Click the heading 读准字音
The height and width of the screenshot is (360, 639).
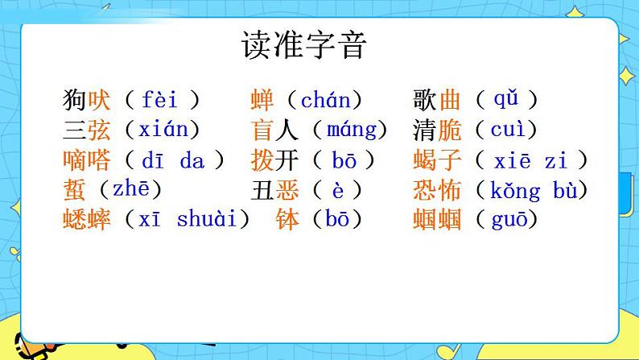tap(304, 45)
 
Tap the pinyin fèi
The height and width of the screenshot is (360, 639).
tap(159, 100)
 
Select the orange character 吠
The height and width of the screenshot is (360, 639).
tap(99, 100)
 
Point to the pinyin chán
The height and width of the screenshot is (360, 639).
tap(326, 100)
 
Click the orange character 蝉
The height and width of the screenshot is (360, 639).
tap(262, 100)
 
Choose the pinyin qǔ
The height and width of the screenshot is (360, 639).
tap(505, 100)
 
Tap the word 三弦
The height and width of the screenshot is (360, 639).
tap(87, 130)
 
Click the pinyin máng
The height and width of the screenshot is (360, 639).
tap(352, 130)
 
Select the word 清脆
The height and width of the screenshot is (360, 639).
tap(437, 130)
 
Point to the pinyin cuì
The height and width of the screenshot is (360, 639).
tap(508, 130)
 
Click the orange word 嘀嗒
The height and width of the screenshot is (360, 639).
tap(87, 160)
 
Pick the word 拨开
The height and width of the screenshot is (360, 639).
tap(274, 160)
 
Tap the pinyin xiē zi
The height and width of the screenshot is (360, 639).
tap(530, 160)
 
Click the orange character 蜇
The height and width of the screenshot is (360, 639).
tap(75, 190)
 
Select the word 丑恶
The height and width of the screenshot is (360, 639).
tap(274, 190)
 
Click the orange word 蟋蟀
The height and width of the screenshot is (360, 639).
tap(87, 219)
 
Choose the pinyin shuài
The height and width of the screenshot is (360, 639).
tap(207, 219)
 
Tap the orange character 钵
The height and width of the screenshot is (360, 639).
tap(287, 219)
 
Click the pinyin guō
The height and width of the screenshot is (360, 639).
tap(509, 220)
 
